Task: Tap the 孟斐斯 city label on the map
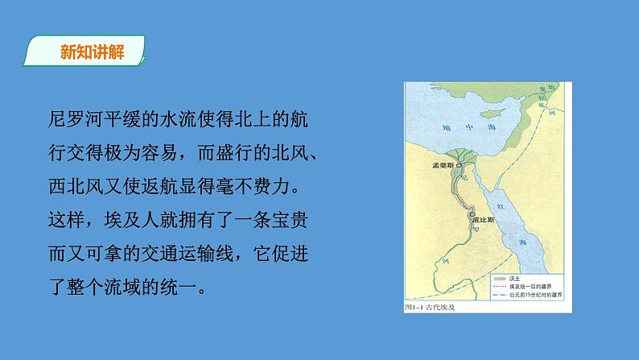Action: coord(443,163)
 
